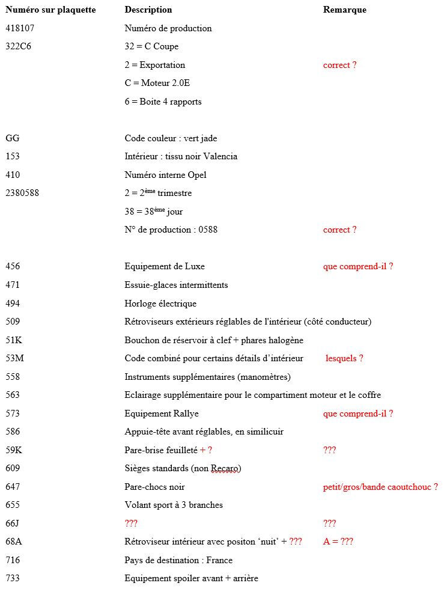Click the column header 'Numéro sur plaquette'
coord(50,10)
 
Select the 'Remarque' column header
coord(344,10)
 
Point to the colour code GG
coord(12,138)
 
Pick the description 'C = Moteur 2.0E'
coord(157,83)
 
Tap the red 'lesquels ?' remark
coord(344,358)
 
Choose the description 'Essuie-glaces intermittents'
coord(176,285)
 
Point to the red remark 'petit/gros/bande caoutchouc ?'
coord(380,487)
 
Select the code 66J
coord(13,523)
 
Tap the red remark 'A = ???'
coord(338,542)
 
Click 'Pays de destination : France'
coord(178,560)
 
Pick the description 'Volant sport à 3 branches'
coord(174,505)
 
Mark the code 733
coord(13,578)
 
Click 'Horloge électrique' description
coord(160,304)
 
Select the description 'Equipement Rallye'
coord(162,414)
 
